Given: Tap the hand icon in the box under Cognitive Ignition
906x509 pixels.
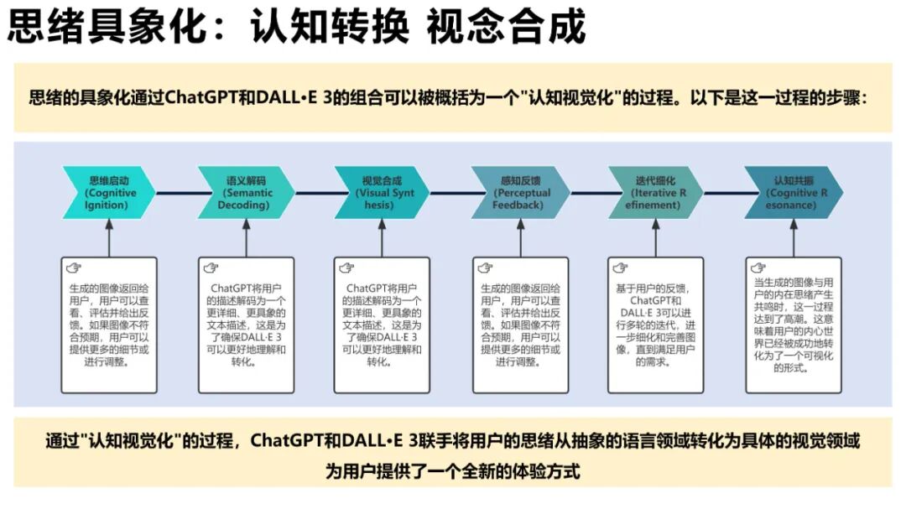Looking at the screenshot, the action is (x=75, y=268).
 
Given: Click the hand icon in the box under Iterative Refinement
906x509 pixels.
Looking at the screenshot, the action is (x=620, y=268).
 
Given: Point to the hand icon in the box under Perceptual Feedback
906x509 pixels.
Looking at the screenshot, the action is (x=485, y=268).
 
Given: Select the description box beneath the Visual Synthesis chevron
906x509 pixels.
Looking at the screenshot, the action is (x=382, y=325).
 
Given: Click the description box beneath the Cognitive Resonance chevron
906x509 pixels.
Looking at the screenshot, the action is (x=793, y=325).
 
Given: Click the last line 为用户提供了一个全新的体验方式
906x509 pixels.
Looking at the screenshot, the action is (x=453, y=470).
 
